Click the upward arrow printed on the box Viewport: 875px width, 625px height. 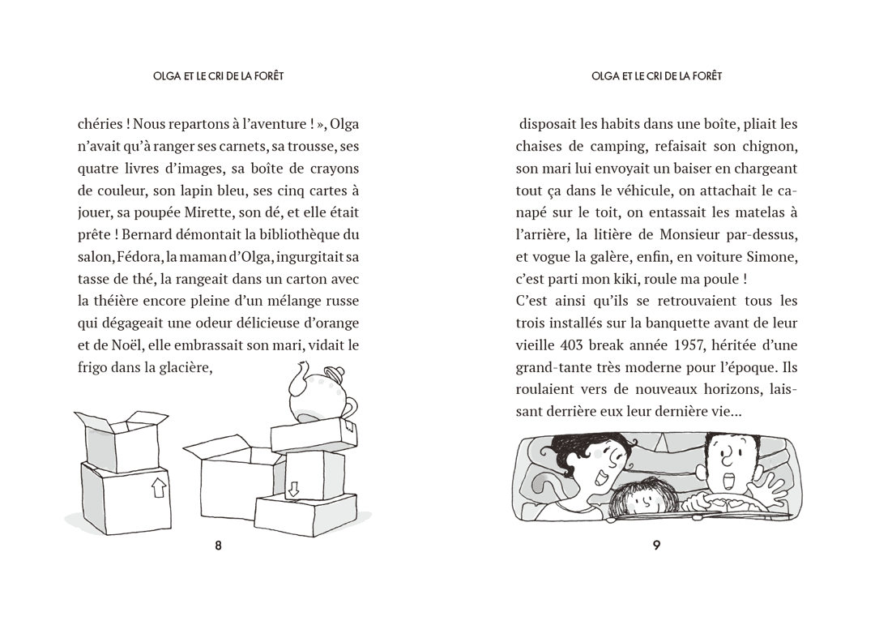(159, 486)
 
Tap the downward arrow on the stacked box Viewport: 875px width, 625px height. (293, 488)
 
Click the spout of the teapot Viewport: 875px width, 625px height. (298, 370)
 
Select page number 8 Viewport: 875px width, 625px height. (218, 546)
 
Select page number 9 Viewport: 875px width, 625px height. (656, 546)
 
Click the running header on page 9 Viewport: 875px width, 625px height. (656, 76)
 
